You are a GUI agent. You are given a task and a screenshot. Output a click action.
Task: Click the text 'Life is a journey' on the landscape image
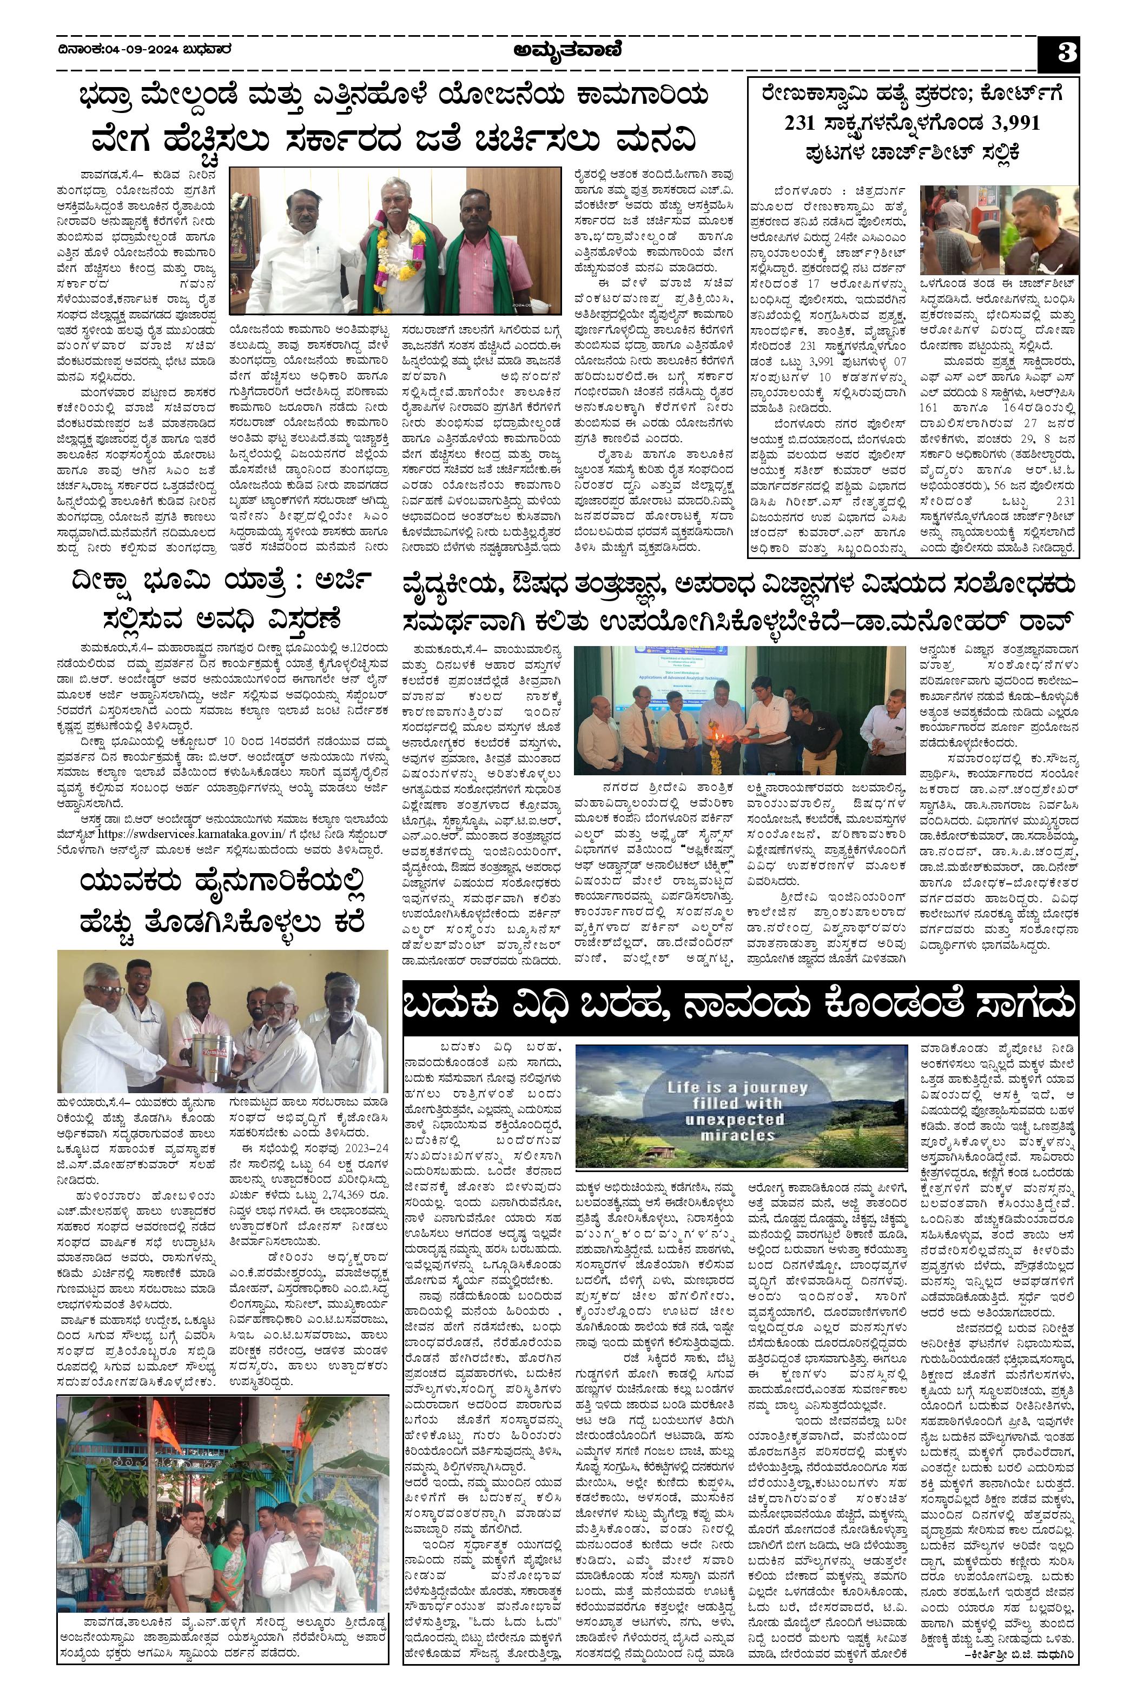pyautogui.click(x=737, y=1088)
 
